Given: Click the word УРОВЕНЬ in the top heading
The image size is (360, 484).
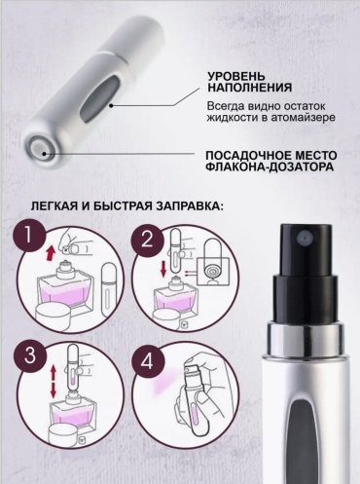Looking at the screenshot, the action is [x=236, y=77].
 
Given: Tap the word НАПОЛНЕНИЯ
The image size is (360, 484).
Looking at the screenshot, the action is [x=250, y=88].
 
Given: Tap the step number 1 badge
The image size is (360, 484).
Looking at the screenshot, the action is [x=28, y=235].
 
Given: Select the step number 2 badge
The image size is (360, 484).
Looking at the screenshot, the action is [x=147, y=240].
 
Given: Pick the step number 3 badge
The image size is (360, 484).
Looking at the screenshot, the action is [x=30, y=355].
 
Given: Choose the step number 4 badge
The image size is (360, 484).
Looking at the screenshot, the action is [x=147, y=361].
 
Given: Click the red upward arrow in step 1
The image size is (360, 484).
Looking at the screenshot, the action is [x=51, y=253].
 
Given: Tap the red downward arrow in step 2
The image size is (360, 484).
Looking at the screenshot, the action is [x=163, y=267].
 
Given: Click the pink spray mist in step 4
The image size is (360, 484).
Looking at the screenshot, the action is [x=167, y=382].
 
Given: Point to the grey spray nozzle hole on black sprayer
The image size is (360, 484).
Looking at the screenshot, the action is [x=304, y=238].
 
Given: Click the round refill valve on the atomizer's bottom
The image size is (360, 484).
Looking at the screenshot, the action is [x=41, y=149].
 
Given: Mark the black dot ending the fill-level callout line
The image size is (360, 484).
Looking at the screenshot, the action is [x=111, y=105].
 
